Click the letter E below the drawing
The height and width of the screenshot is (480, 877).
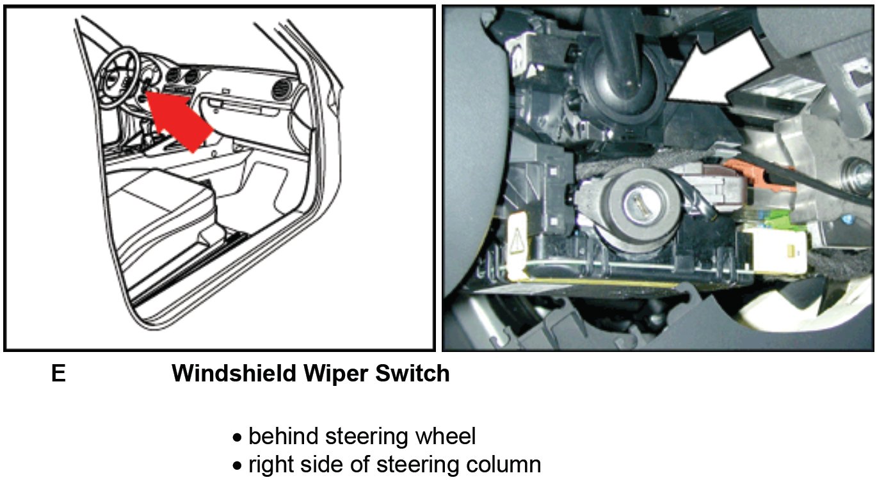(x=58, y=374)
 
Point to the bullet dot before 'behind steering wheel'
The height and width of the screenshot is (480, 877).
(x=237, y=439)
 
